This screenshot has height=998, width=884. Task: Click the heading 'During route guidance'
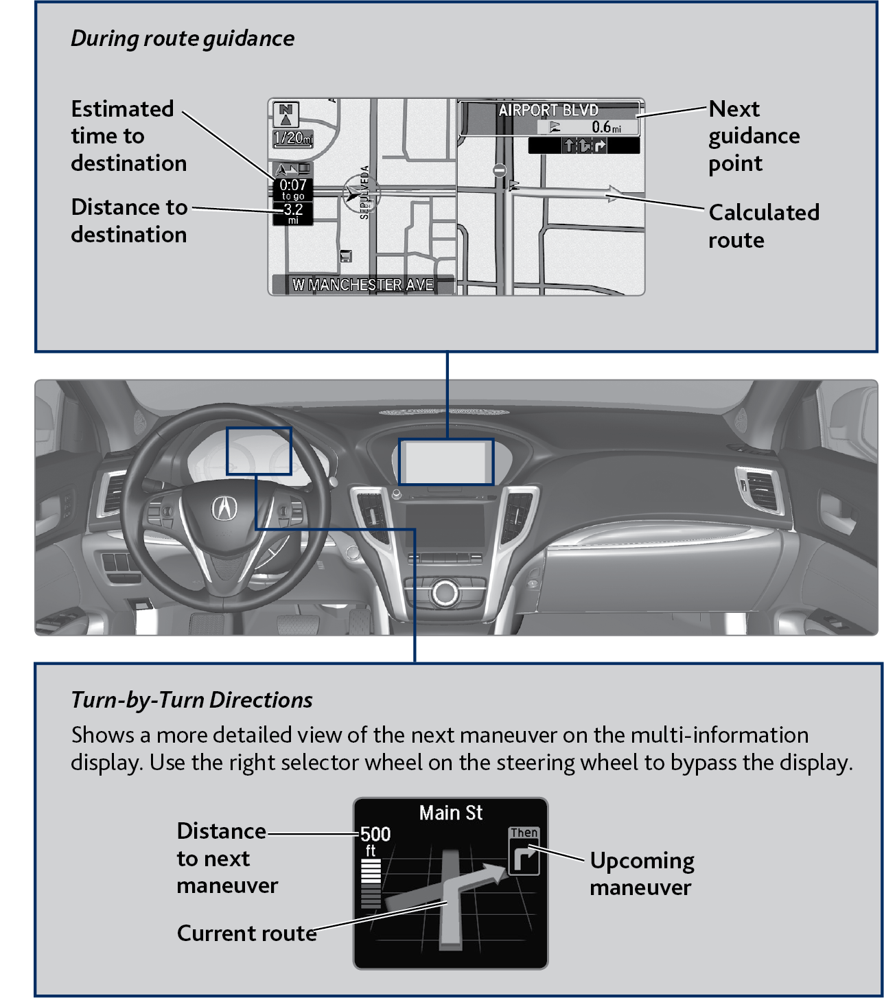point(183,38)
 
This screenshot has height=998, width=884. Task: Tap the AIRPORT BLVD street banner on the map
point(548,110)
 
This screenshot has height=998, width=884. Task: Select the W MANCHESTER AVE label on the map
point(362,284)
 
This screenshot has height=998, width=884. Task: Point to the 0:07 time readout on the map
point(293,185)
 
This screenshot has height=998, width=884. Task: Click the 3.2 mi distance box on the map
point(293,213)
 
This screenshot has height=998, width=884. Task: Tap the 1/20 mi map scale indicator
point(292,138)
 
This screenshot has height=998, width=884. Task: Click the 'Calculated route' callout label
point(763,226)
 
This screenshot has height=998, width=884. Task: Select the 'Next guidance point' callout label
point(754,136)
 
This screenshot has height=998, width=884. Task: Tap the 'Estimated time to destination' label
point(128,136)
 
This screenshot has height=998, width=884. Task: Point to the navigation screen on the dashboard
point(446,462)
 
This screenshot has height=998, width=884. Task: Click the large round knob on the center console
point(445,592)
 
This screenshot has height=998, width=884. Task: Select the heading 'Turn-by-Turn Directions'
point(191,700)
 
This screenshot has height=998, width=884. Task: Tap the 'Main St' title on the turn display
point(451,813)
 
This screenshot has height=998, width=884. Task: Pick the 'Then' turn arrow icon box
point(524,852)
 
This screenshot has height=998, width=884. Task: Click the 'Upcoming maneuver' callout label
point(641,874)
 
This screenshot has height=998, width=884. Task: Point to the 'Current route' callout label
point(246,933)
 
